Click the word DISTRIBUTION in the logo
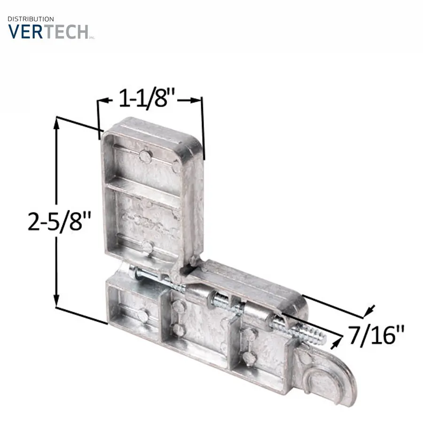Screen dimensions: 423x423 (x=31, y=19)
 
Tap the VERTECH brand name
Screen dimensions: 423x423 (x=48, y=32)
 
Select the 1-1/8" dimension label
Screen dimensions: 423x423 (x=147, y=98)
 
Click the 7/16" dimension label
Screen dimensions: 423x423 (x=376, y=335)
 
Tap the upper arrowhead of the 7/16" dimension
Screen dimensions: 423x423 (x=369, y=310)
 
